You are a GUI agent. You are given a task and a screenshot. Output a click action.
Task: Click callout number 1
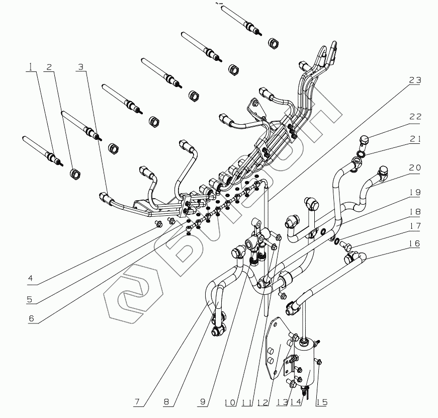[31, 67]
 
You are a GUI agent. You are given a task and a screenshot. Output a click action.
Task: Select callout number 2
[49, 67]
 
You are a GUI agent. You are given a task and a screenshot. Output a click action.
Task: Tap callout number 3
[80, 67]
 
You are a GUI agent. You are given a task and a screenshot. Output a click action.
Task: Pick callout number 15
[322, 402]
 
